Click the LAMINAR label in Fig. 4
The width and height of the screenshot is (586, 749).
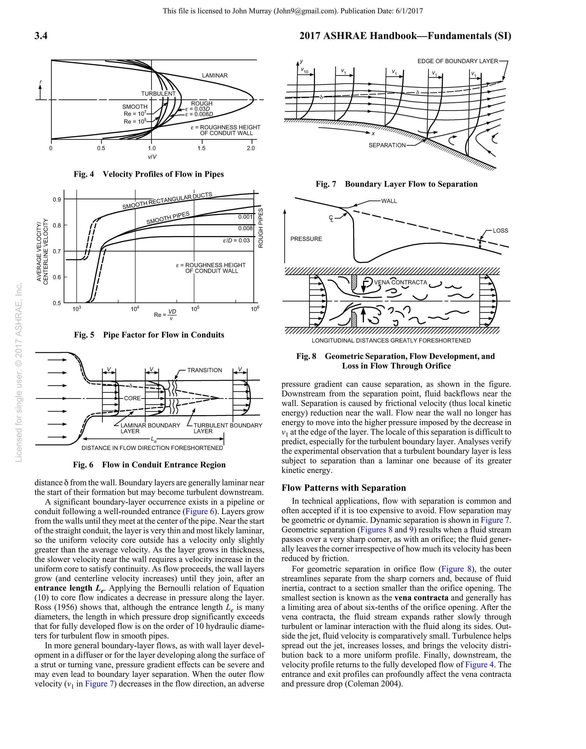(x=215, y=75)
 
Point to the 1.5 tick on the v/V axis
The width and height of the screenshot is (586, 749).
(x=201, y=148)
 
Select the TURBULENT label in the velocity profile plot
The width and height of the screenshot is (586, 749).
(x=158, y=94)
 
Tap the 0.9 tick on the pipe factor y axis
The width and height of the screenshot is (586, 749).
(x=57, y=200)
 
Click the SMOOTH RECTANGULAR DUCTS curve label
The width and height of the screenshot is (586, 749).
(x=167, y=201)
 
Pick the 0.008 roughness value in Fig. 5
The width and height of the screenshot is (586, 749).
(x=245, y=228)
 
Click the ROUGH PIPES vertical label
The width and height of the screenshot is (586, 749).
(x=261, y=228)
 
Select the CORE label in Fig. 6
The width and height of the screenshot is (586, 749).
(x=132, y=398)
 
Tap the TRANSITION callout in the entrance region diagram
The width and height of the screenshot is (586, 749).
(x=205, y=370)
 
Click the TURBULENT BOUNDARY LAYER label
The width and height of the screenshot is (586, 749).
(x=227, y=428)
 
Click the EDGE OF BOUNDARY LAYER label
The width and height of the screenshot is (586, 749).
(x=457, y=61)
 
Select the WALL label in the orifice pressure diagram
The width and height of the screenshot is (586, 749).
(x=389, y=201)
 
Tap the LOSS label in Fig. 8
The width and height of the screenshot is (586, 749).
(x=500, y=231)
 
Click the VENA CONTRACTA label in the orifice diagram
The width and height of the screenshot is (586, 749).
(x=400, y=282)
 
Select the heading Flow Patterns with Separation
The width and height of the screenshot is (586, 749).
(x=344, y=488)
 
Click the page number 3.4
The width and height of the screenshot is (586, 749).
(x=41, y=36)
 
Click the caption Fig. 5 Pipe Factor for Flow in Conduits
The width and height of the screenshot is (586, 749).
(x=149, y=335)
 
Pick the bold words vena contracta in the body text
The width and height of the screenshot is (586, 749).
(x=421, y=598)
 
